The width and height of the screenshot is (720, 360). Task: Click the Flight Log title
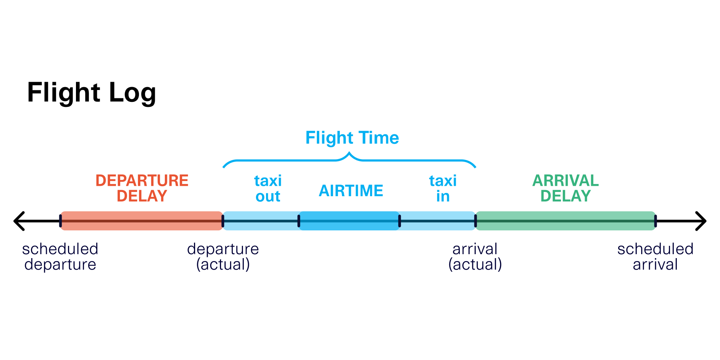pos(91,93)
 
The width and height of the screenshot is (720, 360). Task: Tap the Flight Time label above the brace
pos(352,138)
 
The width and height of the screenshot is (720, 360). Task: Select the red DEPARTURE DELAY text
pos(142,188)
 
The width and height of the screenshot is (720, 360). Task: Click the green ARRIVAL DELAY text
pos(565,188)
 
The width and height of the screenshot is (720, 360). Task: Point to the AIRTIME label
pos(351,191)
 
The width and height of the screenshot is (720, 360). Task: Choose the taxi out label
pos(268,189)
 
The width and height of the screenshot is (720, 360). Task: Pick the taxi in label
pos(443,189)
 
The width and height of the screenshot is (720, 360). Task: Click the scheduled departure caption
pos(60,257)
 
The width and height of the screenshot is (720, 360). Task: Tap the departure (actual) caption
pos(223,257)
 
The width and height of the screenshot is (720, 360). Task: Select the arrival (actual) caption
pos(475,257)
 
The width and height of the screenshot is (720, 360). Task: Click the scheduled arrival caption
pos(655,257)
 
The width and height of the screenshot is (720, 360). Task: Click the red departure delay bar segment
pos(142,221)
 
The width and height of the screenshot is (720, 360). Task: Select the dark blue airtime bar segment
pos(349,221)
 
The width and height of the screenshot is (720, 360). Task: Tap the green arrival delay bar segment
pos(565,221)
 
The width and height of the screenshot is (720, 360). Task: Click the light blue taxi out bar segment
pos(261,221)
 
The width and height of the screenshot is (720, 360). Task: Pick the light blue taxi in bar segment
pos(437,221)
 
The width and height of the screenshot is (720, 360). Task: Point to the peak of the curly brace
pos(349,154)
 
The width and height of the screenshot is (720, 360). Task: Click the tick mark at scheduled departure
pos(60,221)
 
